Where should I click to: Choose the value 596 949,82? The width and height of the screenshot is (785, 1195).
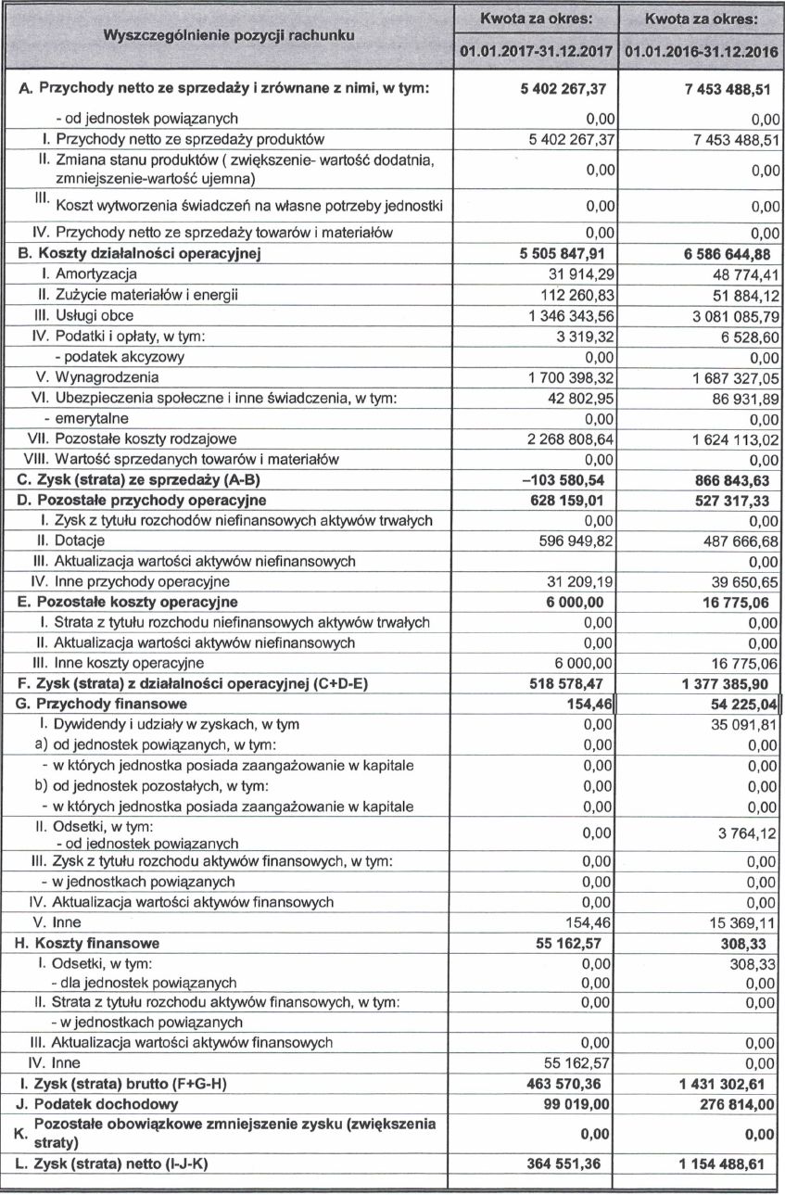pyautogui.click(x=573, y=540)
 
